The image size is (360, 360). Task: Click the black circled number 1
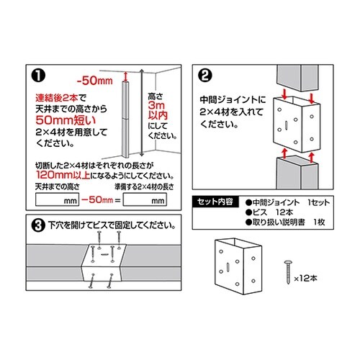37,76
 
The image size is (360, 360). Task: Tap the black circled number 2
204,76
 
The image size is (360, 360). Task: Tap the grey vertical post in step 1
126,119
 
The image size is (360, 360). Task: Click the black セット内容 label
217,202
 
